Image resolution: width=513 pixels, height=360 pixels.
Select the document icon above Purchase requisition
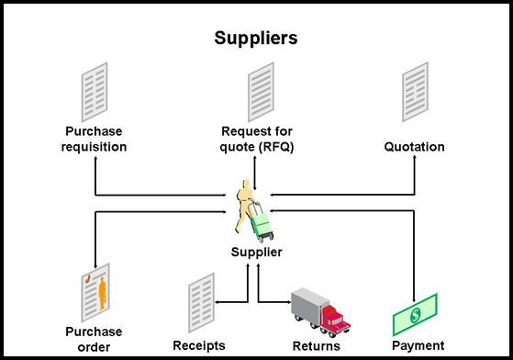click(95, 90)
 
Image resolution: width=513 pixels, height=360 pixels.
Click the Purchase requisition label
click(95, 139)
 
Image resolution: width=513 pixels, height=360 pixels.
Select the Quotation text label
click(414, 147)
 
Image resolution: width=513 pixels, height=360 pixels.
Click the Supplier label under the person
click(256, 252)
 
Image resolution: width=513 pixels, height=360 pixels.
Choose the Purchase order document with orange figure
click(95, 296)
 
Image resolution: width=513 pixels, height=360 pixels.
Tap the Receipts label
click(199, 346)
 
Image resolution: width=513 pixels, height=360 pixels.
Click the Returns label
click(316, 346)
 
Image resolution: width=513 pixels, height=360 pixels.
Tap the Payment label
click(418, 346)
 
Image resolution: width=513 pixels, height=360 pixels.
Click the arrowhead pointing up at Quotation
click(414, 160)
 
